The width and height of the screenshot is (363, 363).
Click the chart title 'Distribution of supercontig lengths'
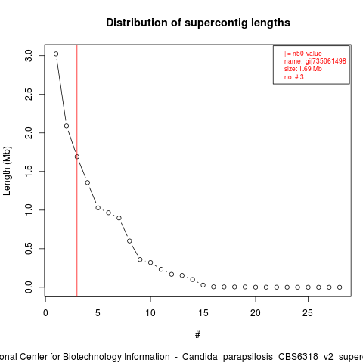click(198, 23)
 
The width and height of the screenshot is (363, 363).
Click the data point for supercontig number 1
click(56, 54)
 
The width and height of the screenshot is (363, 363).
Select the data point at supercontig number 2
click(67, 126)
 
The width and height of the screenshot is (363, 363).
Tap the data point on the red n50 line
click(77, 157)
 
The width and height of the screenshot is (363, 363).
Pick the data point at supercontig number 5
click(98, 208)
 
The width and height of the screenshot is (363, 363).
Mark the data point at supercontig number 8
click(129, 241)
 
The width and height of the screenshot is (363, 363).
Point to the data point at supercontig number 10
click(150, 262)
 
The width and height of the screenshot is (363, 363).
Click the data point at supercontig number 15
click(203, 285)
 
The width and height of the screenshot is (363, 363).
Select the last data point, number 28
click(340, 287)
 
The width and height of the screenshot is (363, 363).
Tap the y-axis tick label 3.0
click(29, 56)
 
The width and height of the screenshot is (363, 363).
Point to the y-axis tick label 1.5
click(29, 172)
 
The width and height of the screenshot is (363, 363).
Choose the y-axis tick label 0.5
click(29, 249)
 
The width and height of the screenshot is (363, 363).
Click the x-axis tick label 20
click(256, 313)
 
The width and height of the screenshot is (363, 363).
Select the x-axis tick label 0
click(45, 313)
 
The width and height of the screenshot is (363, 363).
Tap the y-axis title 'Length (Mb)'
click(7, 171)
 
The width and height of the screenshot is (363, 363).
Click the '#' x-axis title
click(197, 335)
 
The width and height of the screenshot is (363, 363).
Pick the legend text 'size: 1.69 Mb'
click(302, 69)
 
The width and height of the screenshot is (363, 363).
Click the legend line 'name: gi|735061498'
click(315, 61)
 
